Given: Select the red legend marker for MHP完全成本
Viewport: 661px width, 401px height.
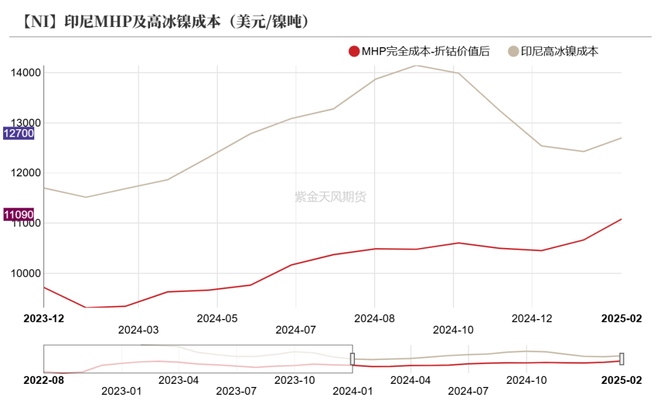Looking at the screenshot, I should click(x=354, y=51).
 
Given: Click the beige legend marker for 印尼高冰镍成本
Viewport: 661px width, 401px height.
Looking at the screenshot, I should click(x=514, y=51).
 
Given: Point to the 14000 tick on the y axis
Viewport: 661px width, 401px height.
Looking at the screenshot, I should click(x=26, y=73).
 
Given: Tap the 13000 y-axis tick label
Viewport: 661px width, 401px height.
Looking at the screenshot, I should click(x=26, y=122).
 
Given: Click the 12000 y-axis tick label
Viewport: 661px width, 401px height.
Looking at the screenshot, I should click(x=26, y=173).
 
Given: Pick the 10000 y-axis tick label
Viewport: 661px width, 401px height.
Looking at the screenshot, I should click(x=26, y=273).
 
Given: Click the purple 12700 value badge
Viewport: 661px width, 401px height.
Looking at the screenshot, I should click(x=18, y=133).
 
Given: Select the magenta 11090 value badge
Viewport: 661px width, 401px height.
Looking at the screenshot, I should click(x=18, y=214).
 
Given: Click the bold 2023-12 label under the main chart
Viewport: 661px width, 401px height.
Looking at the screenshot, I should click(x=43, y=318).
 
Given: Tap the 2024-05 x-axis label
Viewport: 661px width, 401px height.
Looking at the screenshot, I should click(x=217, y=318).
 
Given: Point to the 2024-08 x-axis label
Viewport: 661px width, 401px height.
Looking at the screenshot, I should click(x=375, y=318).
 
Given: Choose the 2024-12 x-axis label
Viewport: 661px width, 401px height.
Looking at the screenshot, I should click(x=532, y=318).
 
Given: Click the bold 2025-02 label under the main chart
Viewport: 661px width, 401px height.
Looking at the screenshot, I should click(x=621, y=318).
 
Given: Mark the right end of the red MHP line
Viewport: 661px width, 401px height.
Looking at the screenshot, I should click(x=621, y=219).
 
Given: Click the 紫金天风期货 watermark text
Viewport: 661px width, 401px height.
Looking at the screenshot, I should click(x=330, y=197).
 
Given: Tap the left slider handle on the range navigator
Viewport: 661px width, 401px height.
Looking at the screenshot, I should click(x=353, y=359).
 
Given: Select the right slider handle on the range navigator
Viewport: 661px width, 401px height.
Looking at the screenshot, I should click(x=622, y=359).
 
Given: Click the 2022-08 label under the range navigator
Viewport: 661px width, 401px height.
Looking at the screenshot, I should click(x=43, y=380).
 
